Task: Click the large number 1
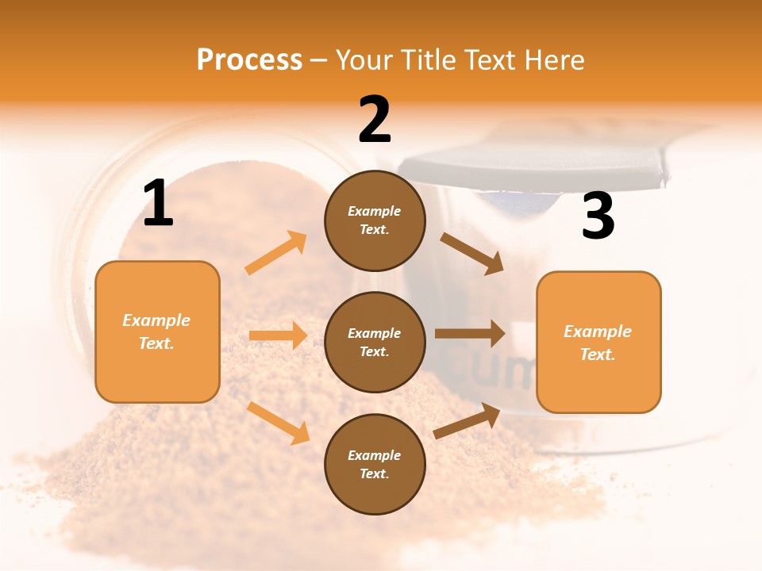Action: coord(158,204)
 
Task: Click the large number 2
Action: coord(375,120)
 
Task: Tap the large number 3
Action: coord(598,217)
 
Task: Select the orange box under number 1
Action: coord(157,331)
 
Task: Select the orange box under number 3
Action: coord(598,342)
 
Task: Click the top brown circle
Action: coord(375,220)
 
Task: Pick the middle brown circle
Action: coord(375,342)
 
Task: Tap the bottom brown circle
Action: coord(375,464)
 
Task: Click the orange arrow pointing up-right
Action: coord(276,252)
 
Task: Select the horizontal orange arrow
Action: coord(278,335)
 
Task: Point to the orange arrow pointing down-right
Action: coord(278,423)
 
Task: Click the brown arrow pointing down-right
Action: coord(471,253)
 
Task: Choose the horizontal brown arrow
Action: coord(470,333)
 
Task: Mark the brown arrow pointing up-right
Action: coord(467,421)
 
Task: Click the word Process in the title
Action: coord(249,59)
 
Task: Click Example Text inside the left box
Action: coord(156,331)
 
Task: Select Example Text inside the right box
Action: coord(598,343)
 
